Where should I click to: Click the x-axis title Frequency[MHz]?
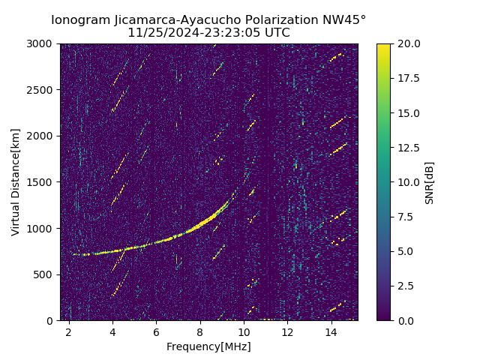(208, 346)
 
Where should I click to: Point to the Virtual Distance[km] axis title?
(16, 181)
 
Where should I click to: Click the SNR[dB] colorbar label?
(430, 182)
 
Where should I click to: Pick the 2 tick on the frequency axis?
(69, 331)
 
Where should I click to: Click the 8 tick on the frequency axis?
(200, 331)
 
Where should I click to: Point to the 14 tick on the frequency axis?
(331, 331)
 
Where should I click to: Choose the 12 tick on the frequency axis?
(288, 331)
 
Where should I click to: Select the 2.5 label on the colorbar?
(405, 286)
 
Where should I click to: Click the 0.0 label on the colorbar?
(405, 320)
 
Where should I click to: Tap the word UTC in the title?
(277, 33)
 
